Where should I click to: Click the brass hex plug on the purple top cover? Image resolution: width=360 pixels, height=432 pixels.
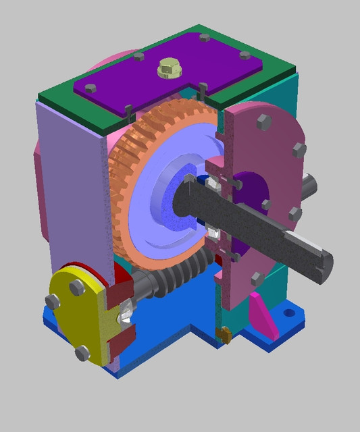(x=167, y=68)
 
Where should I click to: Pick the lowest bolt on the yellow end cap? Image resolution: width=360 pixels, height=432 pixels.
(x=82, y=352)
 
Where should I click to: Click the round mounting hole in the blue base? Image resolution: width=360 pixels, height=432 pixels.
(x=289, y=313)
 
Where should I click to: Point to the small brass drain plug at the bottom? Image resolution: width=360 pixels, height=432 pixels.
(x=224, y=333)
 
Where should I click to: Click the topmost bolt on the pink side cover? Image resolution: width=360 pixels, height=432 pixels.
(x=263, y=122)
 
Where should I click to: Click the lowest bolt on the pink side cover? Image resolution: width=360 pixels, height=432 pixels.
(x=256, y=277)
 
